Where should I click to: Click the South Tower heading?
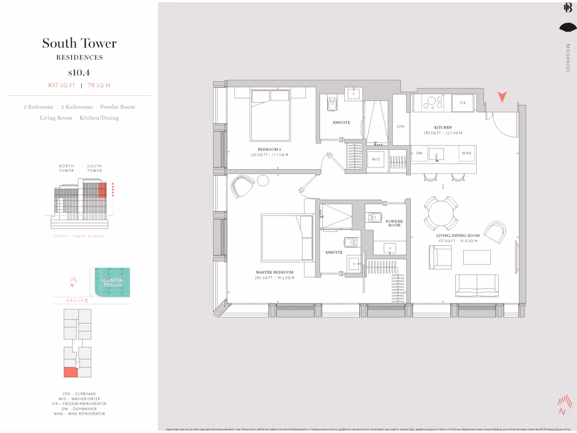[79, 43]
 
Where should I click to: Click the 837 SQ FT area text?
[62, 85]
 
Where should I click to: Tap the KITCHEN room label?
[443, 127]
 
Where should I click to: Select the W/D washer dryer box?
[376, 158]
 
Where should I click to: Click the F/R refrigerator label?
[463, 103]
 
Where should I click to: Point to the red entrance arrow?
[501, 97]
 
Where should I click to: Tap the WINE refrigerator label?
[467, 153]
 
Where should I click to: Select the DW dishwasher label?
[419, 153]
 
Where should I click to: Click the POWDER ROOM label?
[394, 223]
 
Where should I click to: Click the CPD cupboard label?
[401, 127]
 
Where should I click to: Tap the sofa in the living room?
[477, 285]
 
